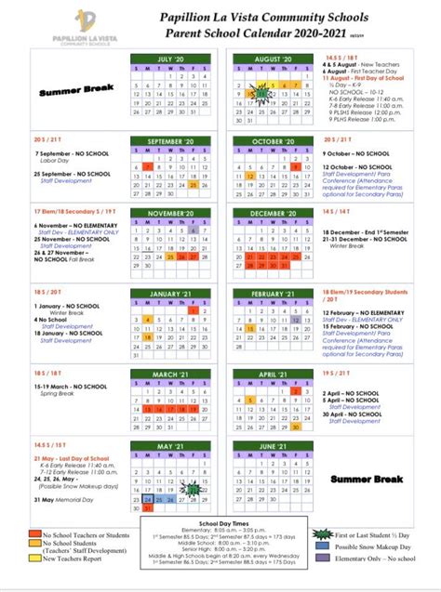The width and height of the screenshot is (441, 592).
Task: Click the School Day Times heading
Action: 220,524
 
